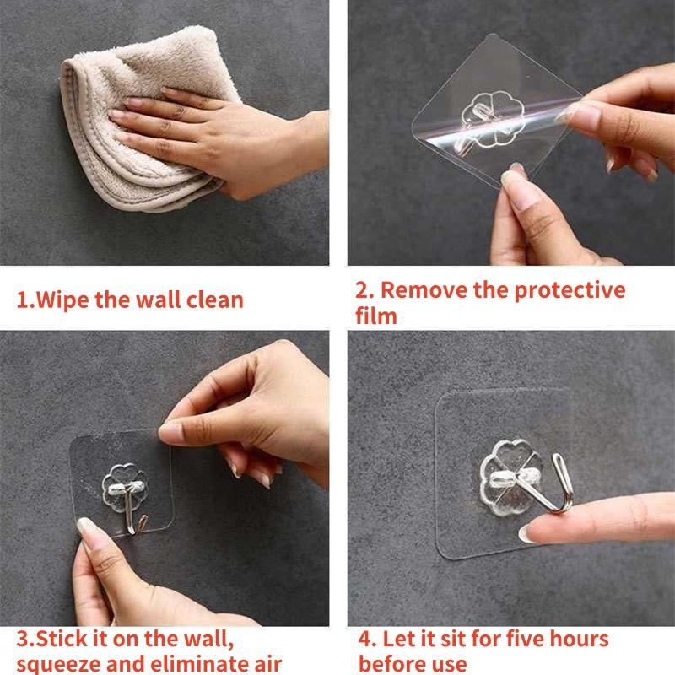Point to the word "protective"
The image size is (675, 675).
(570, 290)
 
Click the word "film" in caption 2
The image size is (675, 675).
(375, 316)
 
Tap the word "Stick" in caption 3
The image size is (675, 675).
(62, 639)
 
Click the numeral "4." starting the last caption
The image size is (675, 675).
(367, 639)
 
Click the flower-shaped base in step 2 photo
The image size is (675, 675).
(493, 118)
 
